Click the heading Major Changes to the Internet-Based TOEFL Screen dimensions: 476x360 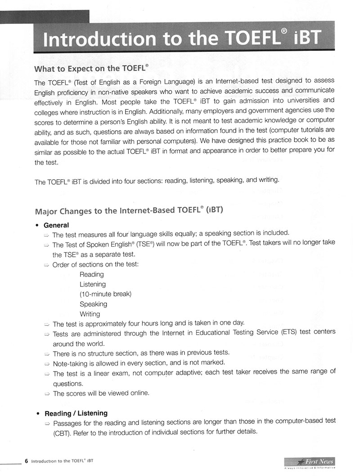[x=129, y=210]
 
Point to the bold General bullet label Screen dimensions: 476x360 [x=56, y=225]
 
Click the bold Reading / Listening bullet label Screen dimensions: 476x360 [x=76, y=413]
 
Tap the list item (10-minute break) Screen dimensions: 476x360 [x=105, y=294]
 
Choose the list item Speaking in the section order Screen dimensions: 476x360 [x=93, y=304]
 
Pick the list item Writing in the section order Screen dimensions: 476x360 [x=90, y=314]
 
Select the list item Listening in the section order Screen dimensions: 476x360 [x=93, y=284]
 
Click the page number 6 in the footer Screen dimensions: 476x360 [x=27, y=461]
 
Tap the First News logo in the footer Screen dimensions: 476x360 [x=315, y=462]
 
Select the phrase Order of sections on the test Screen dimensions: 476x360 [x=95, y=264]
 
